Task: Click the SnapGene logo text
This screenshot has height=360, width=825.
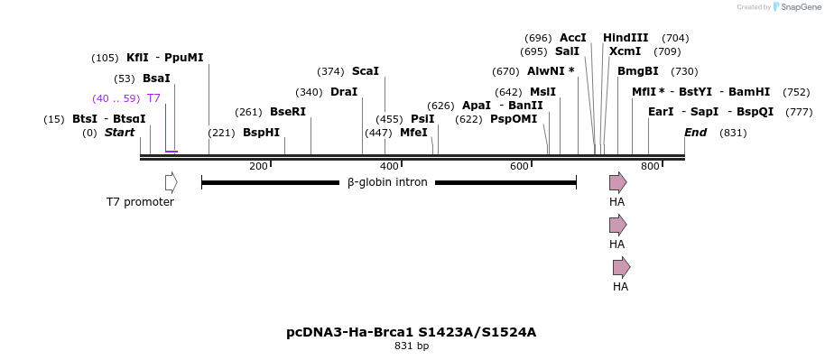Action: coord(795,7)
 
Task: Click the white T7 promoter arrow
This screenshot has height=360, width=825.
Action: coord(171,182)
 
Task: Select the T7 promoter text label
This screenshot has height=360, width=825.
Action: coord(140,202)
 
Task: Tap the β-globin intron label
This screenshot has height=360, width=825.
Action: coord(387,182)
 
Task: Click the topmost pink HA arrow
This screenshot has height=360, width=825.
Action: coord(617,182)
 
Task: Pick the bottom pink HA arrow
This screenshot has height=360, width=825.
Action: coord(621,267)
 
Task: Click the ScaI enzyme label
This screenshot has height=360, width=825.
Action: coord(366,71)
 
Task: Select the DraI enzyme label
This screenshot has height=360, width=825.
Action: coord(344,92)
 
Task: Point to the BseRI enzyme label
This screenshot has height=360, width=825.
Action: coord(288,112)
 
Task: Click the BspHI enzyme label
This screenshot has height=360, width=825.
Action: coord(261,133)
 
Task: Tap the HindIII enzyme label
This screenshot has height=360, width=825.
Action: coord(626,38)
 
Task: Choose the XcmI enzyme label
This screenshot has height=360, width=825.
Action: coord(625,51)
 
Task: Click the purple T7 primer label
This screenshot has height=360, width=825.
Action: coord(153,98)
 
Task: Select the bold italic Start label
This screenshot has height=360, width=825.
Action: coord(119,133)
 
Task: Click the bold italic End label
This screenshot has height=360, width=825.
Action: coord(695,133)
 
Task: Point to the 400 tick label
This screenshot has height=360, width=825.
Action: coord(389,167)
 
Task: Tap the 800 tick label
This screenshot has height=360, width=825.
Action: coord(650,167)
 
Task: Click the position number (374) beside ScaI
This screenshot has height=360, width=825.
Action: coord(330,71)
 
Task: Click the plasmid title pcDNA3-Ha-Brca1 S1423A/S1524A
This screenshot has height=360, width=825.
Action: coord(412,332)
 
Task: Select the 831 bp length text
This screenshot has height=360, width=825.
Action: coord(412,346)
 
